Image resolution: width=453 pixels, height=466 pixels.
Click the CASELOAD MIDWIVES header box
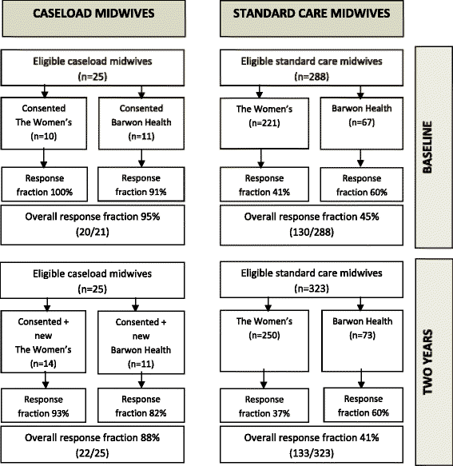point(93,18)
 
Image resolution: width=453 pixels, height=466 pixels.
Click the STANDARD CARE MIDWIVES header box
point(312,18)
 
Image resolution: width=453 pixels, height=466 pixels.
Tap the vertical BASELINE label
point(427,147)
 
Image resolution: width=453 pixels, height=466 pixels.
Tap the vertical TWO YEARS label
point(427,362)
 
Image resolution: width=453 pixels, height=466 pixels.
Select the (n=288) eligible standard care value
point(312,77)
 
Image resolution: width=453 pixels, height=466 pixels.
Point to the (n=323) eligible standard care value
point(312,289)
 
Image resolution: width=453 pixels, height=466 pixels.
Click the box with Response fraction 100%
point(45,185)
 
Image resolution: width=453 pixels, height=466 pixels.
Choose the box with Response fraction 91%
point(141,185)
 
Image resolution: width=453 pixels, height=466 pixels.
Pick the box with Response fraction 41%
point(264,185)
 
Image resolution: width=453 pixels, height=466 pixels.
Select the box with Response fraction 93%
point(44,405)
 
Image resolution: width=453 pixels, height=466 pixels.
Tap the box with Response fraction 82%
point(141,405)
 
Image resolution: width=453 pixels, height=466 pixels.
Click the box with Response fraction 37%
point(264,405)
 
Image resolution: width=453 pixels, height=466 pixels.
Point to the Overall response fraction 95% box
point(93,225)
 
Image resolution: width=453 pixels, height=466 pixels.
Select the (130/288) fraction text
point(312,232)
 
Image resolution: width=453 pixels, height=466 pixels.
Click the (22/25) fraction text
point(93,453)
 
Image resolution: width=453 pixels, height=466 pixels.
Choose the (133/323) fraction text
point(312,453)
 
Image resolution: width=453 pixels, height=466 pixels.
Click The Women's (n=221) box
point(264,123)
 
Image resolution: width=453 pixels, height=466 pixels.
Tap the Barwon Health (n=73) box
point(362,341)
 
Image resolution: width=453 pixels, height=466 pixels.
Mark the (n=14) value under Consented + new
point(43,364)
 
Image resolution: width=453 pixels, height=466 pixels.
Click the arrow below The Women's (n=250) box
point(264,379)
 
